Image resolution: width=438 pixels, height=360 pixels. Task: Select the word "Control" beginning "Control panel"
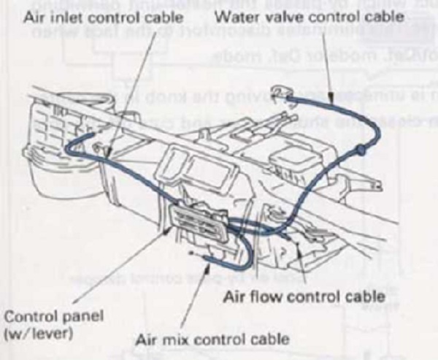27,319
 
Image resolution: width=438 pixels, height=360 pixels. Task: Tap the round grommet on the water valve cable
360,150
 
